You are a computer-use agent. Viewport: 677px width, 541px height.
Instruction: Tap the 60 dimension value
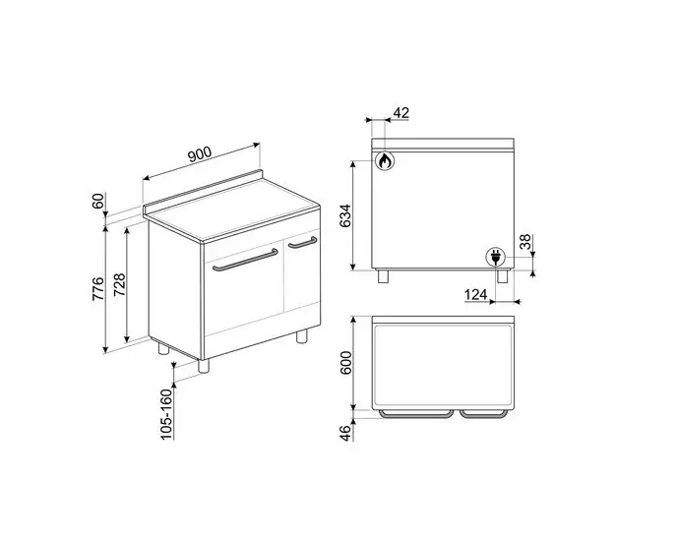tap(97, 201)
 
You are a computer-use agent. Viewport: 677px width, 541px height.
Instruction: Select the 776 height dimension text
tap(97, 289)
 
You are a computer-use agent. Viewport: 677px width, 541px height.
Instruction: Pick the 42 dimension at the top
tap(400, 114)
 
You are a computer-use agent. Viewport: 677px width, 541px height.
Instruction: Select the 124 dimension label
tap(478, 294)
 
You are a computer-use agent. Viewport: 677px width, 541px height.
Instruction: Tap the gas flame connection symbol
tap(386, 160)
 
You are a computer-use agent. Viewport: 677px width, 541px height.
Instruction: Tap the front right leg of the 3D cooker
tap(302, 336)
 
